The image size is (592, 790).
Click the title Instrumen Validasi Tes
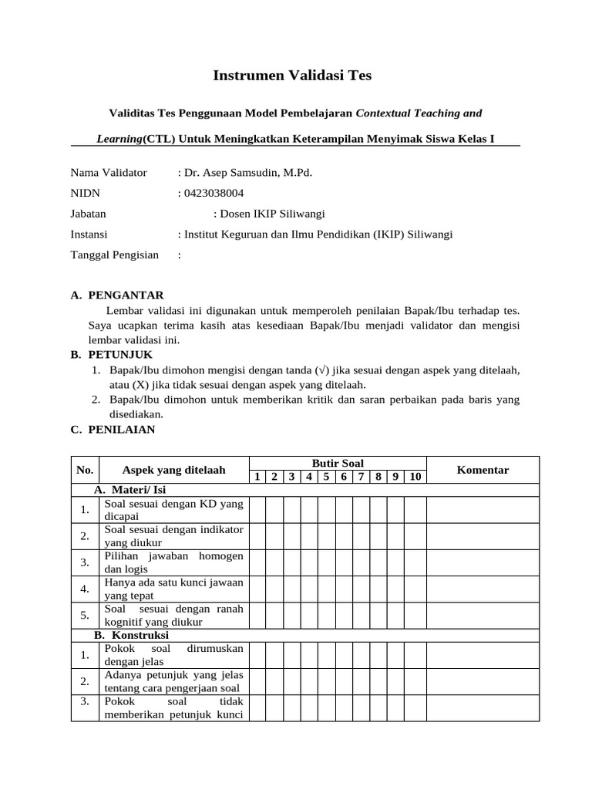pyautogui.click(x=291, y=76)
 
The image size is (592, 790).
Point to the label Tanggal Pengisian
pyautogui.click(x=114, y=255)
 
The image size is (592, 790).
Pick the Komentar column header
pyautogui.click(x=483, y=470)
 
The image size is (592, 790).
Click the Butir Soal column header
pyautogui.click(x=337, y=463)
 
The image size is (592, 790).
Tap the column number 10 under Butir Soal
pyautogui.click(x=415, y=477)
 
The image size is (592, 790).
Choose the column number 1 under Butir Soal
pyautogui.click(x=257, y=477)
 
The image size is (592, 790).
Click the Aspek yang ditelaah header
pyautogui.click(x=173, y=470)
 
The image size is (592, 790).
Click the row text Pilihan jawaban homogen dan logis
pyautogui.click(x=173, y=562)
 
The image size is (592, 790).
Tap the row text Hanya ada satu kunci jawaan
pyautogui.click(x=173, y=589)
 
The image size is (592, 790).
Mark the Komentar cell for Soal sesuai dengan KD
pyautogui.click(x=483, y=510)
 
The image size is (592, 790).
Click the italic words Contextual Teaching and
pyautogui.click(x=419, y=113)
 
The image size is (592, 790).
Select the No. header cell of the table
pyautogui.click(x=85, y=470)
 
